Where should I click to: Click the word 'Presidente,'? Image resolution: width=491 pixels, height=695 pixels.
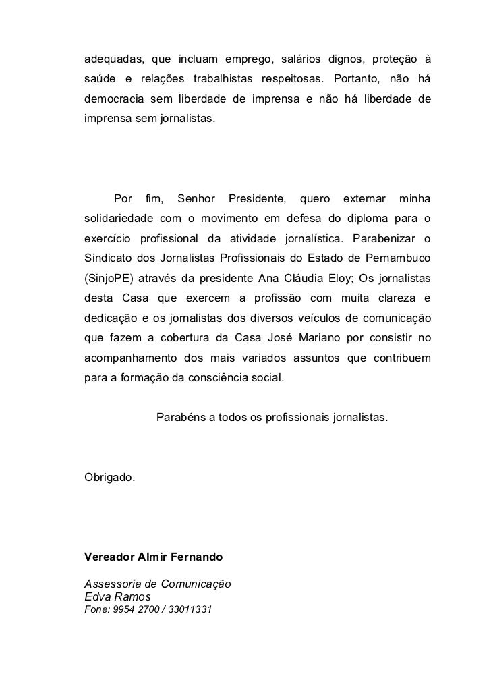coord(257,199)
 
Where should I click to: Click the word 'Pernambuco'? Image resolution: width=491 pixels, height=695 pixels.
coord(398,258)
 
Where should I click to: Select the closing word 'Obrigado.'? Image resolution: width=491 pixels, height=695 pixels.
coord(109,478)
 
